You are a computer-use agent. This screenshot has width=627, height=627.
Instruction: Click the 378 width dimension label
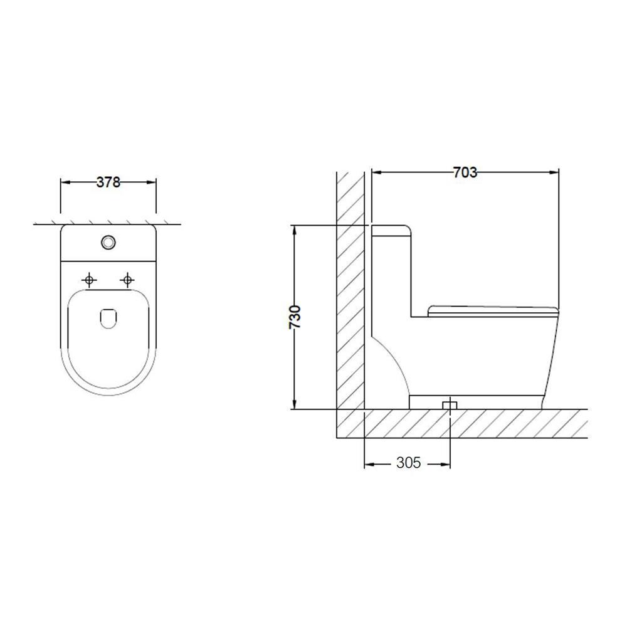(108, 182)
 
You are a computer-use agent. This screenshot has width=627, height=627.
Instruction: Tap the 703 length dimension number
(465, 172)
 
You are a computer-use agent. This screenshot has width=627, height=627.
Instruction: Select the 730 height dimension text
(295, 317)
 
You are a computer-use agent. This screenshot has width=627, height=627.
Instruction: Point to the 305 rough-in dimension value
(409, 463)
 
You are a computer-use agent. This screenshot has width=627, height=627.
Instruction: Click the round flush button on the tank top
(108, 242)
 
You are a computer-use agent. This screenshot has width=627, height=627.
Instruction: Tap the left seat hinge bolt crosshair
(89, 280)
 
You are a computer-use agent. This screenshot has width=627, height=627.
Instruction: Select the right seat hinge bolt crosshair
(127, 280)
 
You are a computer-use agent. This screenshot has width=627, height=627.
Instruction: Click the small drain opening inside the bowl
(108, 319)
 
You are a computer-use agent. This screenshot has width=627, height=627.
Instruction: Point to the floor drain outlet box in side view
(450, 405)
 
